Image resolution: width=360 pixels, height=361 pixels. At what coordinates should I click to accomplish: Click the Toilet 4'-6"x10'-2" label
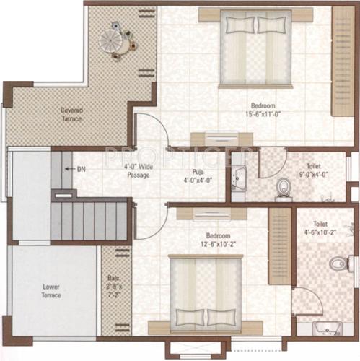pyautogui.click(x=320, y=228)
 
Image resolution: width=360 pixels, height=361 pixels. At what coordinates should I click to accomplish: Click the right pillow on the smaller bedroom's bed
pyautogui.click(x=221, y=317)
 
